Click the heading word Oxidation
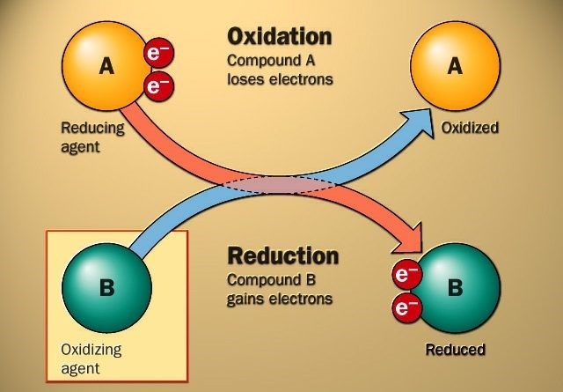point(279,37)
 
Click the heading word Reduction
point(282,255)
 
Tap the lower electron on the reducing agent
point(158,86)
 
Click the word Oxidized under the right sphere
point(470,129)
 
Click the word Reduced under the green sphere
point(455,350)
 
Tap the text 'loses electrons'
point(281,78)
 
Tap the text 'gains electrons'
point(280,299)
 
